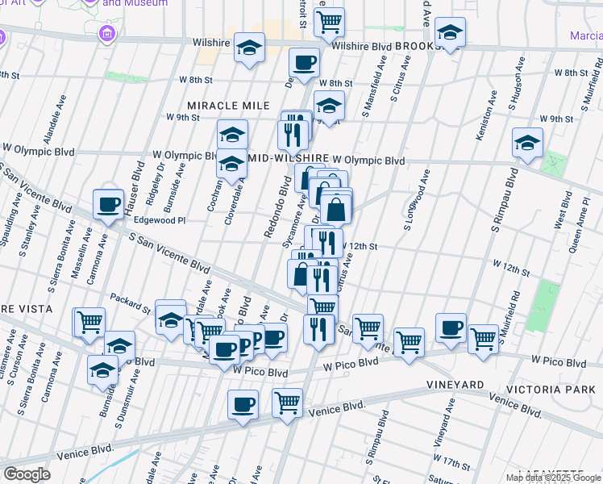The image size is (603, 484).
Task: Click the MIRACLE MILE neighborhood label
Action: (228, 106)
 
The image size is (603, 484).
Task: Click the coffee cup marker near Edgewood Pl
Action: (108, 204)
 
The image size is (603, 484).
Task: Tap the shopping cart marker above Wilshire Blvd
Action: (329, 23)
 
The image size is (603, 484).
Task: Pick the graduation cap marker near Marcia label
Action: (450, 33)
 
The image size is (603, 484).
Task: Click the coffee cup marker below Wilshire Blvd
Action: (304, 63)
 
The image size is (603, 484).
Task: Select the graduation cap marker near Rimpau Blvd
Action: (527, 144)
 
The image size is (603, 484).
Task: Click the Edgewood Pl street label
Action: (160, 219)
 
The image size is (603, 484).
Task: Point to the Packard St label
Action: (131, 302)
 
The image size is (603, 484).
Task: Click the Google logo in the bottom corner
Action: (27, 474)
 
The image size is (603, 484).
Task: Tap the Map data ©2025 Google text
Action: (553, 478)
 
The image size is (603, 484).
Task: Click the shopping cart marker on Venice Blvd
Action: (287, 403)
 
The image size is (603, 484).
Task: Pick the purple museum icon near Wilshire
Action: (105, 34)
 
